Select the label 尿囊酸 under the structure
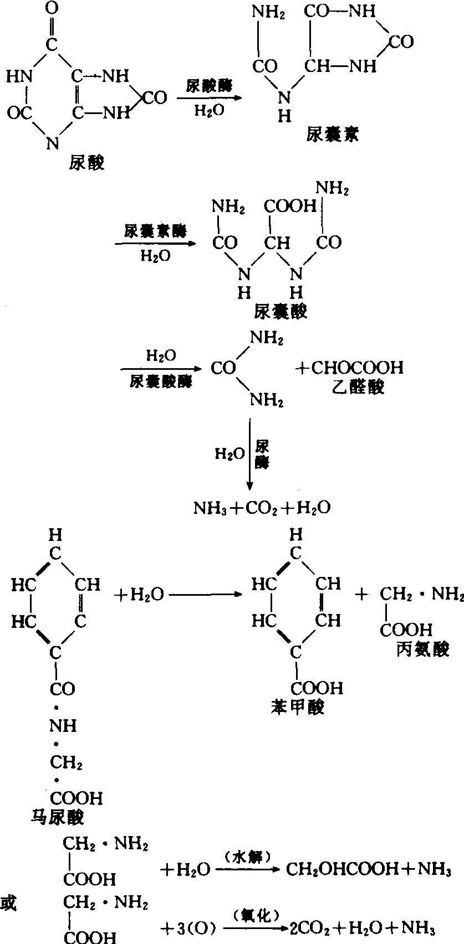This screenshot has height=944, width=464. click(281, 312)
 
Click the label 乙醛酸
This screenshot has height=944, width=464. click(359, 386)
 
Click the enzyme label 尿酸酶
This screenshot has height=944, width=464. click(209, 86)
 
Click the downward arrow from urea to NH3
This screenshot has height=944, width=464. click(250, 454)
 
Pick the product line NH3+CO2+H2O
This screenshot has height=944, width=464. click(262, 508)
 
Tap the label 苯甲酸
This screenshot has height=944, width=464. click(297, 707)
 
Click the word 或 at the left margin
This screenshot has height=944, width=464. click(9, 904)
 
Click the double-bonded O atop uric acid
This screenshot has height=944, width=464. click(52, 9)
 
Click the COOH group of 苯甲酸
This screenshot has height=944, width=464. click(318, 688)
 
